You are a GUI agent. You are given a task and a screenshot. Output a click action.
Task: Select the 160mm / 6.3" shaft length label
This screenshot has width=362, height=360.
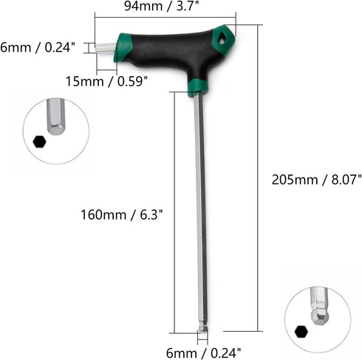coord(122,214)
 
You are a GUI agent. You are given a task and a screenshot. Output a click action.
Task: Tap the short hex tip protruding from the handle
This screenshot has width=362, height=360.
coord(106,47)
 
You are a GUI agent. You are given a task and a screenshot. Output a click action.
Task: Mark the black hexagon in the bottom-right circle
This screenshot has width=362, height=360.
coord(301,330)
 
